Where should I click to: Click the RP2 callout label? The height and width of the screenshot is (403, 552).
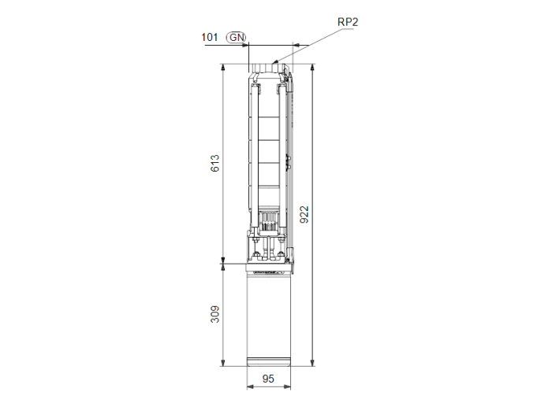click(349, 22)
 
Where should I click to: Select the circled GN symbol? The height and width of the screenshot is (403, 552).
click(235, 37)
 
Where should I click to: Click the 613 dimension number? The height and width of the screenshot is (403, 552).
click(214, 163)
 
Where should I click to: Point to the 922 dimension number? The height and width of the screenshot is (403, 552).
click(304, 214)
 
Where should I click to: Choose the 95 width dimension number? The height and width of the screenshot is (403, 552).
click(269, 379)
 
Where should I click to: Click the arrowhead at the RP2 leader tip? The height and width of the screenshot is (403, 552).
click(275, 61)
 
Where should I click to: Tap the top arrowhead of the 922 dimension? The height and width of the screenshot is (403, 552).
click(313, 68)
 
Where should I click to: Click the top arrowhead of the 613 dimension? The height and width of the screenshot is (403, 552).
click(223, 68)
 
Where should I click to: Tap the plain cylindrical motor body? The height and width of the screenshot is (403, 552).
click(270, 315)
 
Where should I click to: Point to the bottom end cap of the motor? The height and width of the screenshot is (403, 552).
click(270, 363)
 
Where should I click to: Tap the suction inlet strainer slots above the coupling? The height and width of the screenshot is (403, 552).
click(269, 222)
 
